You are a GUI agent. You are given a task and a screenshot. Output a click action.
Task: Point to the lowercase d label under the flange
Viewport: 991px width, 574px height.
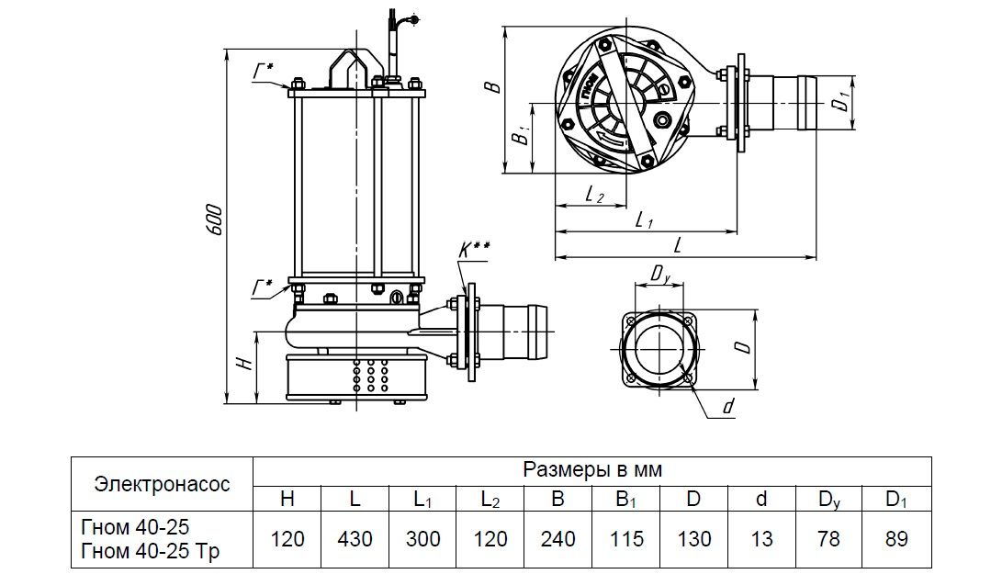point(727,407)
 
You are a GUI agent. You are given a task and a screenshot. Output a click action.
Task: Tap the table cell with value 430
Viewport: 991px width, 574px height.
point(355,538)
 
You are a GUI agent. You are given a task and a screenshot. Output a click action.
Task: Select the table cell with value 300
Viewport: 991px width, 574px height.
point(422,538)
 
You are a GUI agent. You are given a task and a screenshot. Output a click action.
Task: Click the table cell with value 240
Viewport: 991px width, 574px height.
point(557,538)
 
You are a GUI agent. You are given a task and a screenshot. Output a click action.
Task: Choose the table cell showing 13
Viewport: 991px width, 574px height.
point(761,538)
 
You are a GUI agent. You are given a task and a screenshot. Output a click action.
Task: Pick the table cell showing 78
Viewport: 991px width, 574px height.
point(828,538)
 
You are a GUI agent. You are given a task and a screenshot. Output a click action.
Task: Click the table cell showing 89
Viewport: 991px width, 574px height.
point(896,538)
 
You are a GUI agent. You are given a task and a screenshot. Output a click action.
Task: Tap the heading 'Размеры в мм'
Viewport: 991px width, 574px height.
point(592,469)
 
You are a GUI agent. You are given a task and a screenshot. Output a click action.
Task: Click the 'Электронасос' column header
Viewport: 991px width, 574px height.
point(163,483)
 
